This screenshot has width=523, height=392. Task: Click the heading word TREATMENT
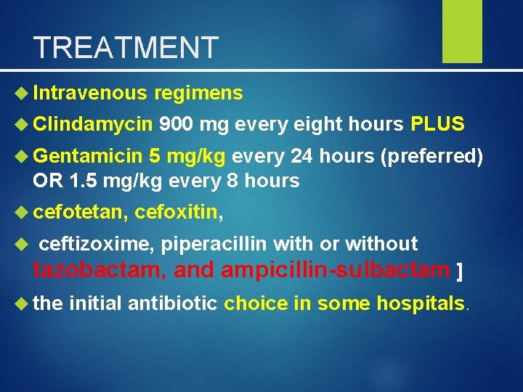click(x=126, y=48)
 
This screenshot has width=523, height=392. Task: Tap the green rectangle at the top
click(x=463, y=31)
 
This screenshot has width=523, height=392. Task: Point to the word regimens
click(x=198, y=93)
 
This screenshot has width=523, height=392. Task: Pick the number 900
click(x=176, y=124)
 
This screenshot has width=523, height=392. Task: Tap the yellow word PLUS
click(x=437, y=124)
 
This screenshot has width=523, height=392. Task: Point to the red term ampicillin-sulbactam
click(x=335, y=271)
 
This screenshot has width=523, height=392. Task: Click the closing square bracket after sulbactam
click(x=458, y=272)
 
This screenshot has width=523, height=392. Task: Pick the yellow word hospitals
click(x=420, y=302)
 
